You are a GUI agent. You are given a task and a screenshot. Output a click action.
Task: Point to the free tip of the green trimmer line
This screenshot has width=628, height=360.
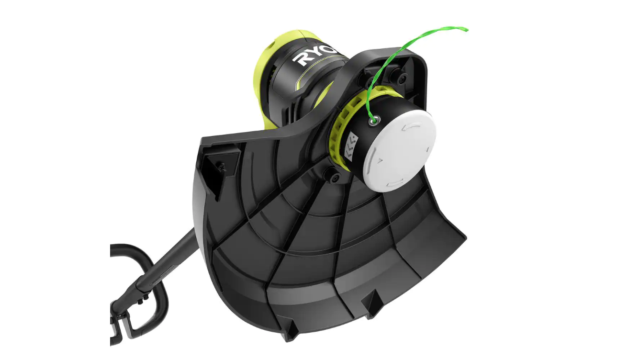465,30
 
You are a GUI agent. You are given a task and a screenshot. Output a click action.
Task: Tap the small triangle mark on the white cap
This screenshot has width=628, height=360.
379,161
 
